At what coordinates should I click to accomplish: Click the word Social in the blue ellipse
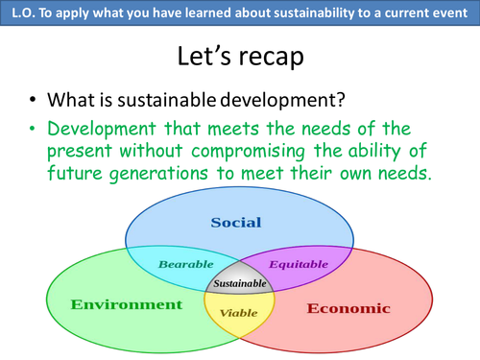pyautogui.click(x=235, y=223)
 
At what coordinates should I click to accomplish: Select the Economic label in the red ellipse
pyautogui.click(x=348, y=308)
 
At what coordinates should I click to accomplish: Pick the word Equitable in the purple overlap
pyautogui.click(x=291, y=263)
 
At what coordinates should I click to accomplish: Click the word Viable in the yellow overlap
pyautogui.click(x=238, y=313)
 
